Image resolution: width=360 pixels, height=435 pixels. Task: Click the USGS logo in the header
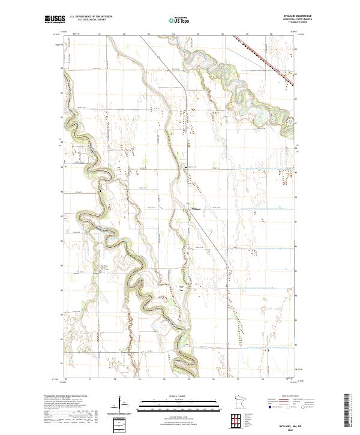[55, 20]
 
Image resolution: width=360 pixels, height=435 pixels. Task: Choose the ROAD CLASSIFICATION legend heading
[289, 396]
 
